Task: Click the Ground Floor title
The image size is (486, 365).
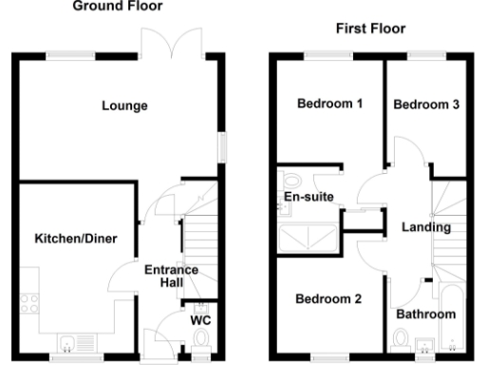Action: (x=118, y=5)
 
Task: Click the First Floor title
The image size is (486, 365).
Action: (x=369, y=29)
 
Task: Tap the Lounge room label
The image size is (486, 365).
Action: (x=125, y=106)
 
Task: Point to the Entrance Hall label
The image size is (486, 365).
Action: (x=171, y=277)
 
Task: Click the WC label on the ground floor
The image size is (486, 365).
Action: (x=200, y=320)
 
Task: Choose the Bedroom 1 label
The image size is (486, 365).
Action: (x=330, y=104)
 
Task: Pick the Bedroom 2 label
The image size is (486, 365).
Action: (x=328, y=299)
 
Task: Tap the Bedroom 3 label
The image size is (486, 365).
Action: (x=426, y=105)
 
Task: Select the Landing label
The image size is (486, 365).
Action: (x=426, y=227)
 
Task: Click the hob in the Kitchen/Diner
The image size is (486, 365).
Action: (x=29, y=304)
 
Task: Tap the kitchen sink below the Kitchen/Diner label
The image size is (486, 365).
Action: (x=74, y=342)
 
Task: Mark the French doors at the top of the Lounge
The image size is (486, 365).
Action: (x=155, y=42)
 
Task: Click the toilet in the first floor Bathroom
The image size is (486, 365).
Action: (x=401, y=338)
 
